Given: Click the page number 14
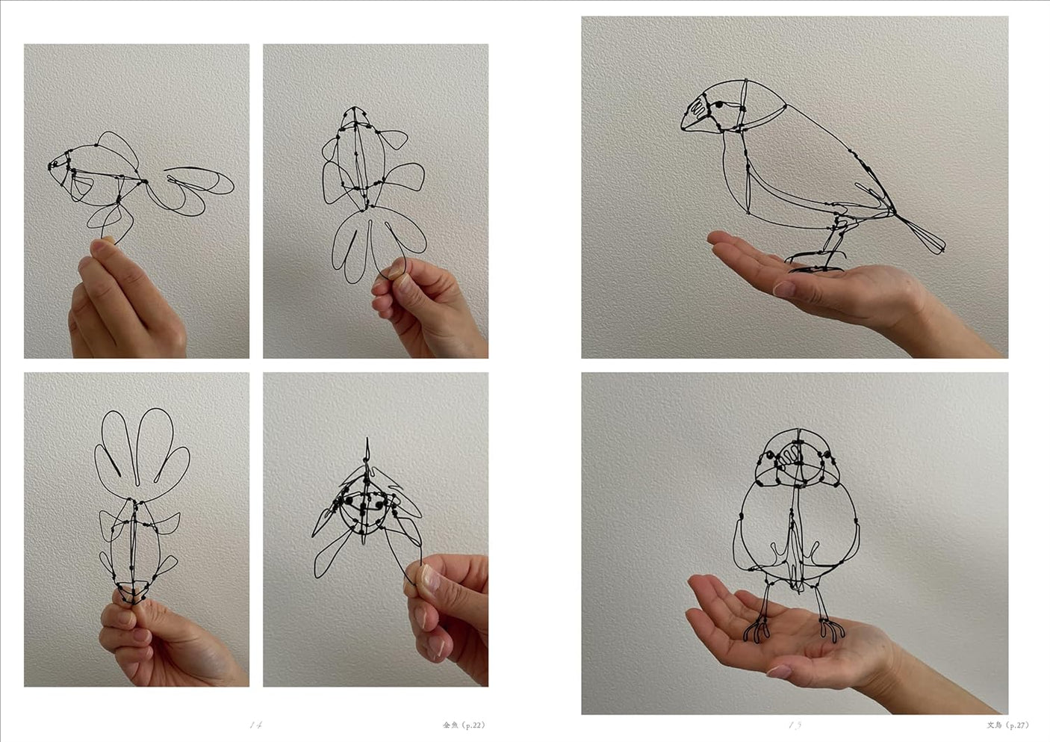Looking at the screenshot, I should [x=256, y=724].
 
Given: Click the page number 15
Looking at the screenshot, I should [x=795, y=724].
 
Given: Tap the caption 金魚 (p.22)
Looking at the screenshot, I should [x=463, y=724].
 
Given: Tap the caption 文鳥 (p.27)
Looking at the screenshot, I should [x=1007, y=724].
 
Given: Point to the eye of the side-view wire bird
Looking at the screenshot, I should [x=718, y=106].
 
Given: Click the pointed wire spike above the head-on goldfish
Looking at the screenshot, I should [x=367, y=448].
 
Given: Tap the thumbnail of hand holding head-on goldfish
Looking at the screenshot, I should [x=426, y=577].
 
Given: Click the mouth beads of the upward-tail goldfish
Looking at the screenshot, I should [x=131, y=595].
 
